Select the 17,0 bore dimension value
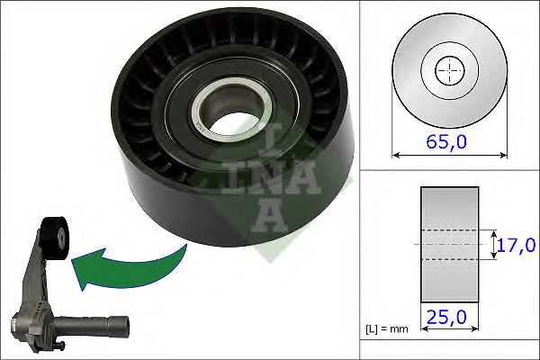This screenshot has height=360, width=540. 517,245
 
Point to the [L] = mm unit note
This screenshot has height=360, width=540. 386,329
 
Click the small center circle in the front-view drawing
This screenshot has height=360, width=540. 447,70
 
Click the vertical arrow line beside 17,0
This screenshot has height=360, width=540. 495,244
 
